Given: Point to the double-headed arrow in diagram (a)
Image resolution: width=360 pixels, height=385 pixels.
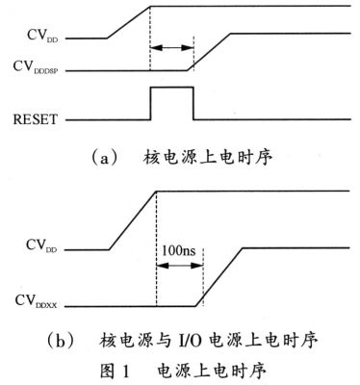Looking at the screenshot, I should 171,46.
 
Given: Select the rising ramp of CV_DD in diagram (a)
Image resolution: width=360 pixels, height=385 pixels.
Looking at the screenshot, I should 127,23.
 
